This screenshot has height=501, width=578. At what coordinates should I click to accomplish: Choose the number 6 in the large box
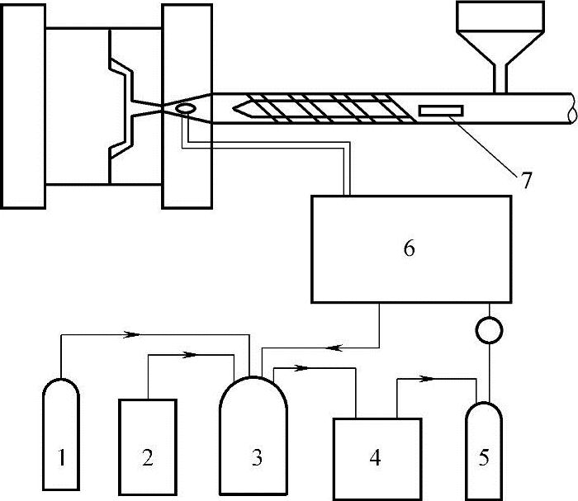[409, 248]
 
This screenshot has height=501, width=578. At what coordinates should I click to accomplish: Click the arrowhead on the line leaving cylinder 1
[130, 335]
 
